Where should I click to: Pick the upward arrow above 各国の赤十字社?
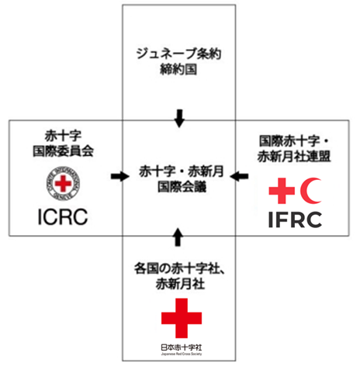[180, 237]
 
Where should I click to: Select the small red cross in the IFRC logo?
[282, 189]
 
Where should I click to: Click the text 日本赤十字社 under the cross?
[181, 348]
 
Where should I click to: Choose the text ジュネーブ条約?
[179, 56]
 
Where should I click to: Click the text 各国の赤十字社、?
[180, 268]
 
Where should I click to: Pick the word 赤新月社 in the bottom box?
[180, 285]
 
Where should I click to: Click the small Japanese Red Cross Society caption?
[181, 355]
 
